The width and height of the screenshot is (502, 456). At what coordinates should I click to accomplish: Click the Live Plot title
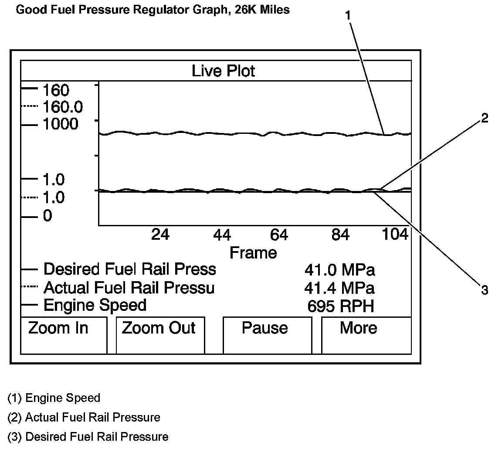pos(223,71)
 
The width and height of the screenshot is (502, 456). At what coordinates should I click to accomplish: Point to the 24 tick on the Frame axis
pos(160,235)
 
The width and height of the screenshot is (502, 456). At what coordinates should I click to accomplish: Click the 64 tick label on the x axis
pos(279,235)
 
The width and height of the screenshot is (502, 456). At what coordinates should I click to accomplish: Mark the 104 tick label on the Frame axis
pos(394,235)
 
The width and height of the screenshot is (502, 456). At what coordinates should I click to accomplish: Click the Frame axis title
pos(253,252)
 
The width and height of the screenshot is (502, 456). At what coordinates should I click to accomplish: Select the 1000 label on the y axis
pos(60,124)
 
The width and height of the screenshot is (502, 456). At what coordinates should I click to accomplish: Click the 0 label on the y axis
pos(47,216)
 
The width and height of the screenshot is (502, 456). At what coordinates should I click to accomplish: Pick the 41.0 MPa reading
pos(339,270)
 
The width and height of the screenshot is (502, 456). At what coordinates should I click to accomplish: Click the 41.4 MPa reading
pos(339,288)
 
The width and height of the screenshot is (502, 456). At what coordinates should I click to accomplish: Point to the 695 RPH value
pos(340,306)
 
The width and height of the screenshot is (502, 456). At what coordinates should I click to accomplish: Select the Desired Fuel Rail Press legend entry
pos(129,269)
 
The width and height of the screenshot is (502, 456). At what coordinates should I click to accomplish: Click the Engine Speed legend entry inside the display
pos(95,305)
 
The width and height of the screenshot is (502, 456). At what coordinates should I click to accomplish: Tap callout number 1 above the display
pos(348,15)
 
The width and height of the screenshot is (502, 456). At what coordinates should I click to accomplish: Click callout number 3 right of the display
pos(485,290)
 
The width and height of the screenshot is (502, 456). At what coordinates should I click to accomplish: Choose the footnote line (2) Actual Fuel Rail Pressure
pos(84,417)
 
